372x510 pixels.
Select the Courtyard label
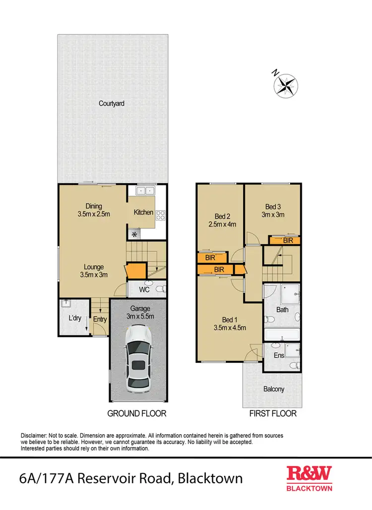click(x=111, y=104)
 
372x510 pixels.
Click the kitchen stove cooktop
click(x=161, y=215)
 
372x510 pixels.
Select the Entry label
click(x=100, y=319)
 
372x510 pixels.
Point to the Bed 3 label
click(x=273, y=207)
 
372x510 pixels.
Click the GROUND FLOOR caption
click(x=137, y=413)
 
